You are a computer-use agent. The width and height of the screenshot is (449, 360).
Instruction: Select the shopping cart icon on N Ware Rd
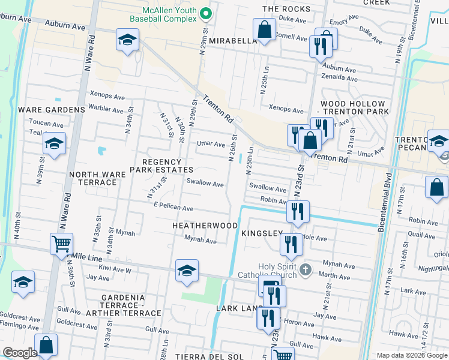point(61,244)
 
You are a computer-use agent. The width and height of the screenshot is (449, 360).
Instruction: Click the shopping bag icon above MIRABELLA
point(264,29)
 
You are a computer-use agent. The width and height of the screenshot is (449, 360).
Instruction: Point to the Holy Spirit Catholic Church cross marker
point(306,268)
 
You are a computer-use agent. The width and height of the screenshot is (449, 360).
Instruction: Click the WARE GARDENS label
point(52,110)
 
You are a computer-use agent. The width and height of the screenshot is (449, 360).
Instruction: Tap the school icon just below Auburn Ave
point(127,41)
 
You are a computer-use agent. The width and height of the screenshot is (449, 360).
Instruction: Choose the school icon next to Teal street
point(54,144)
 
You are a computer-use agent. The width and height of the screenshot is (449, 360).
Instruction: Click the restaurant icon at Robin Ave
point(297,211)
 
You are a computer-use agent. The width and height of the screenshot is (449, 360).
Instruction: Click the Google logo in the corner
point(19,353)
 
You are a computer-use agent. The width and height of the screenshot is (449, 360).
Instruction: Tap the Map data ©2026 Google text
point(412,355)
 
